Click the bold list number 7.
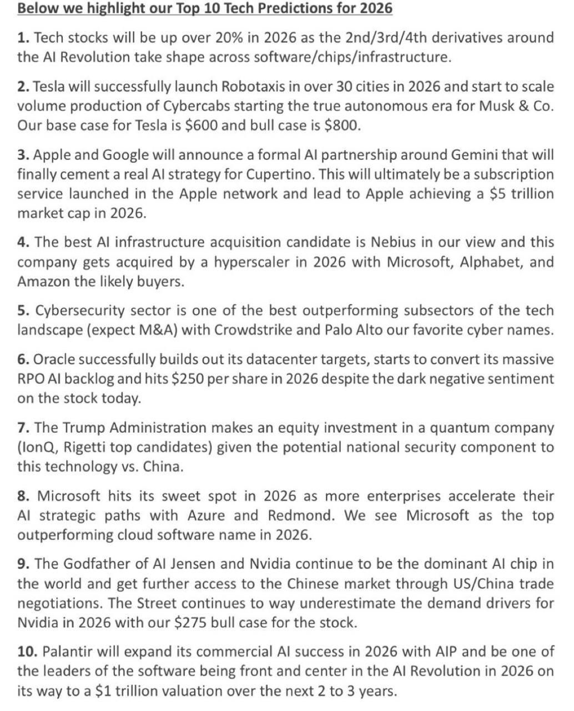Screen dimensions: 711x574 tap(23, 428)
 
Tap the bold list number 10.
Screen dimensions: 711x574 tap(26, 652)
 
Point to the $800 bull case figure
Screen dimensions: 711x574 tap(340, 126)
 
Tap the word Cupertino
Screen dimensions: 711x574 tap(278, 174)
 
